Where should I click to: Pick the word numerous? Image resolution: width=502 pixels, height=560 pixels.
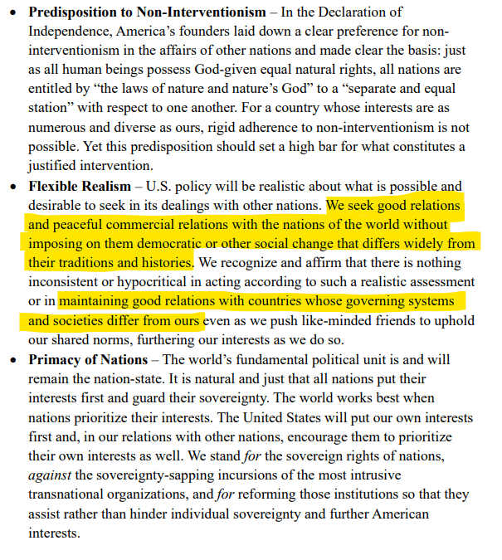(x=60, y=128)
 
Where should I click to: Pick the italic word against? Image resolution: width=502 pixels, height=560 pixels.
(x=51, y=475)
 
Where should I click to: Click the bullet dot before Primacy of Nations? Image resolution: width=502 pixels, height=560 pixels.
(x=12, y=359)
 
